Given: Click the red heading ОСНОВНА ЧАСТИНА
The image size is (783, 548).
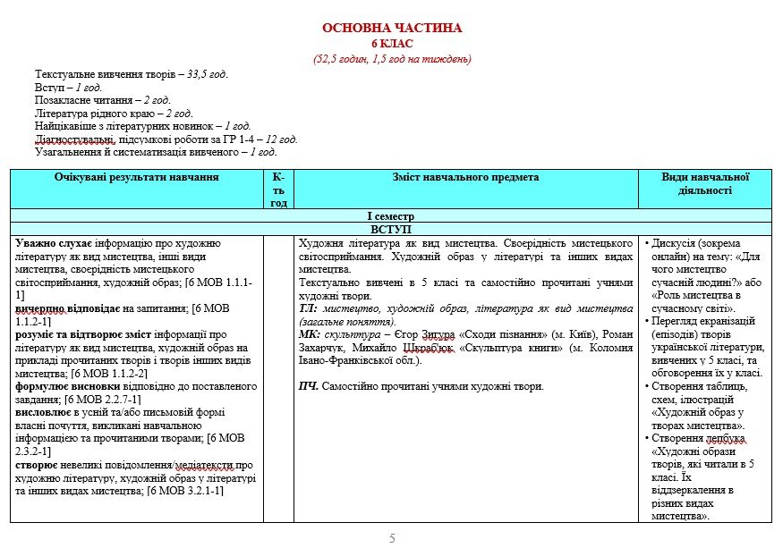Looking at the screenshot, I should point(392,29).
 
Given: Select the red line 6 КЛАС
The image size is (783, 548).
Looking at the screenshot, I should point(392,44).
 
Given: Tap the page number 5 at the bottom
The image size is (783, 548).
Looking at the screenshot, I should point(392,537).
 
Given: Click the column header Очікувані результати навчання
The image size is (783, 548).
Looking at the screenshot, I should point(136,178).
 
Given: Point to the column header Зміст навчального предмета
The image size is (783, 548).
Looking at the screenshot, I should point(465,178).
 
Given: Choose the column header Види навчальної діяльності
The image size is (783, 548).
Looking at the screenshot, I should point(705,183).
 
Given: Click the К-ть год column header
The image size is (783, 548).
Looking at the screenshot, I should point(278,190).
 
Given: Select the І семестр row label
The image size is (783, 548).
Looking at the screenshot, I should point(390,216).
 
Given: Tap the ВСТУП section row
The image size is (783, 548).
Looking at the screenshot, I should point(390,230).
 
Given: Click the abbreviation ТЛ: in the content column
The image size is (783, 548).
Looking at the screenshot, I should point(308,308).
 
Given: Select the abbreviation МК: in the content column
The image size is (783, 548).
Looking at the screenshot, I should point(309,334).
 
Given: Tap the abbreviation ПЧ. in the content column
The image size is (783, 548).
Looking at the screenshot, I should point(309,386).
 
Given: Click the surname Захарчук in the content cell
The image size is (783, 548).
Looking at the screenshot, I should point(324,347).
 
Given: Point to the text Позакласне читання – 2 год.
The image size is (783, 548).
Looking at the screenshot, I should point(103,100).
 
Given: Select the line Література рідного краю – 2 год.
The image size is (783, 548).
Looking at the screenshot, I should point(114,114).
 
